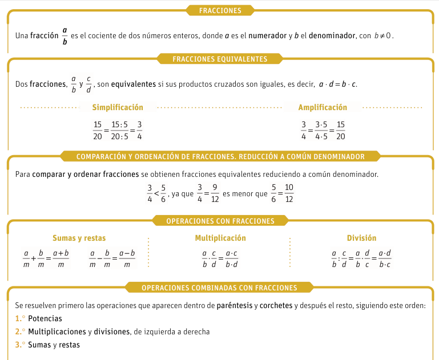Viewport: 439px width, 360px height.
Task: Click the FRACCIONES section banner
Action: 220,10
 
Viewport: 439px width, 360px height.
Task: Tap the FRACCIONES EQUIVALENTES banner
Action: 220,58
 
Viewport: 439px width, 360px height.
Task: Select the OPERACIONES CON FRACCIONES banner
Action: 220,221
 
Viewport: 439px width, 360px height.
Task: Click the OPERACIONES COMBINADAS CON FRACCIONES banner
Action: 219,288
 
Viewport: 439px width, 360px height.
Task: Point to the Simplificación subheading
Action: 118,107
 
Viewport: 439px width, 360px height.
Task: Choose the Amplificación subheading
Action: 323,107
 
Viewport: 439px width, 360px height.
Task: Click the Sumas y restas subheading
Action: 79,238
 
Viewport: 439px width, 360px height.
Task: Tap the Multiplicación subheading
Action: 220,238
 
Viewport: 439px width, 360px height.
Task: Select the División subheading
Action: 361,238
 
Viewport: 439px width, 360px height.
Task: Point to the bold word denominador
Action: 331,35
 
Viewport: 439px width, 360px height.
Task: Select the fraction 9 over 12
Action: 215,194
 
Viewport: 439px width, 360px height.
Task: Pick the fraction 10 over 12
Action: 289,194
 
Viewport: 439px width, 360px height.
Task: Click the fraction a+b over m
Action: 61,258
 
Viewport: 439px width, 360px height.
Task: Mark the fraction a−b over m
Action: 127,258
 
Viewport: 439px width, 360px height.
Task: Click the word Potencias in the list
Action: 45,318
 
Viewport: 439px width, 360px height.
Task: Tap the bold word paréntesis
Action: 235,305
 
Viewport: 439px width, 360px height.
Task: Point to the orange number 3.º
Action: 20,345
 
